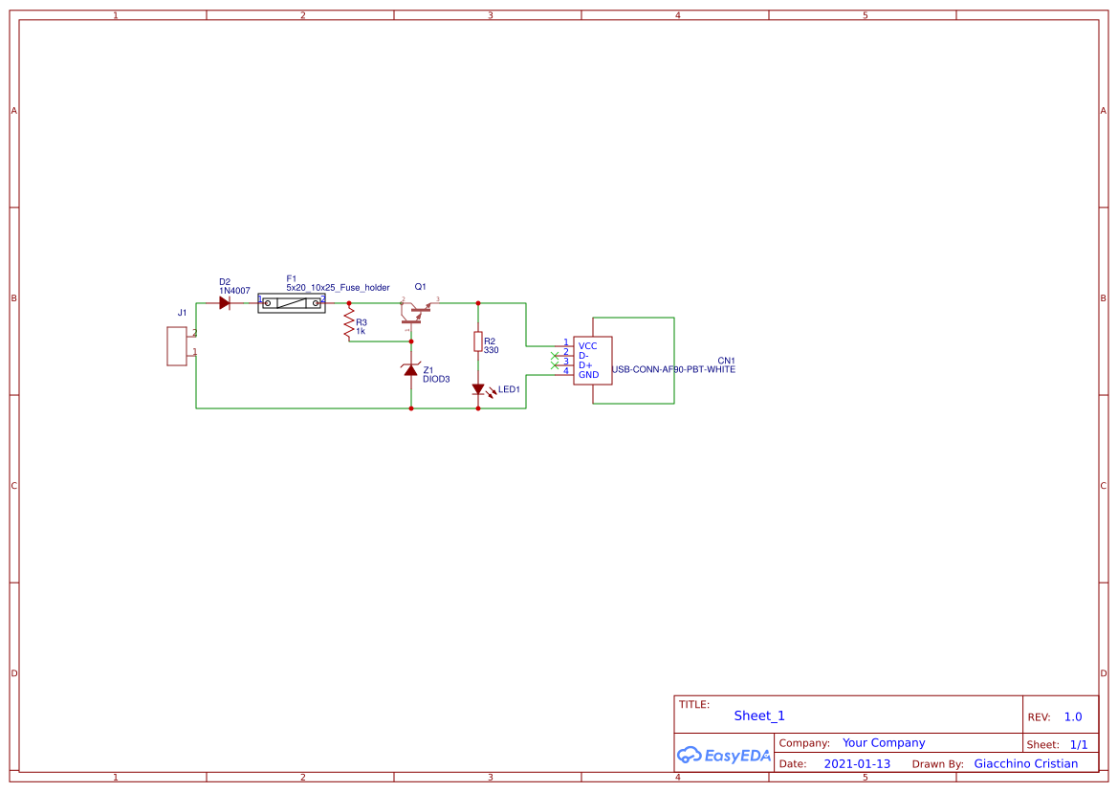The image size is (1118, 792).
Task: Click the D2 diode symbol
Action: (x=224, y=303)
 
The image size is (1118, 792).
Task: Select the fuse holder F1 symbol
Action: (x=292, y=303)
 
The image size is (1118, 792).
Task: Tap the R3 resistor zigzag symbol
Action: (x=349, y=322)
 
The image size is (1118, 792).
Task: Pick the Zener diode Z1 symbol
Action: (x=411, y=370)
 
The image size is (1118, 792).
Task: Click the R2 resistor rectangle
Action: (x=478, y=341)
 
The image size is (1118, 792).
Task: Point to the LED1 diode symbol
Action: (x=478, y=389)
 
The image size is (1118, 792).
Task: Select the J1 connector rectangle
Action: (x=177, y=345)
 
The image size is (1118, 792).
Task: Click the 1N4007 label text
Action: (x=234, y=291)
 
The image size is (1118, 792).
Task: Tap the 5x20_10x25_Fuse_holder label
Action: (x=338, y=288)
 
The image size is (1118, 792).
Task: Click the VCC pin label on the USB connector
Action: (x=587, y=345)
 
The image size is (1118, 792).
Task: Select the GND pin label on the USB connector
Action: (x=588, y=375)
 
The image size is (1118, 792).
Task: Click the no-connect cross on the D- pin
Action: (x=555, y=356)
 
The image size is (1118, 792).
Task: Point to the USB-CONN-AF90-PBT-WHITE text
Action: (x=673, y=369)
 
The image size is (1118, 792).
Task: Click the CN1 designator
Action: (x=726, y=361)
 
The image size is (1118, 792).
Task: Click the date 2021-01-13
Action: (x=856, y=764)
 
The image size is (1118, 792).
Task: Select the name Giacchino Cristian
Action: (x=1025, y=764)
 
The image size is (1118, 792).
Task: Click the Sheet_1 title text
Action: (x=758, y=715)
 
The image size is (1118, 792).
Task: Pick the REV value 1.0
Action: (x=1072, y=716)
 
